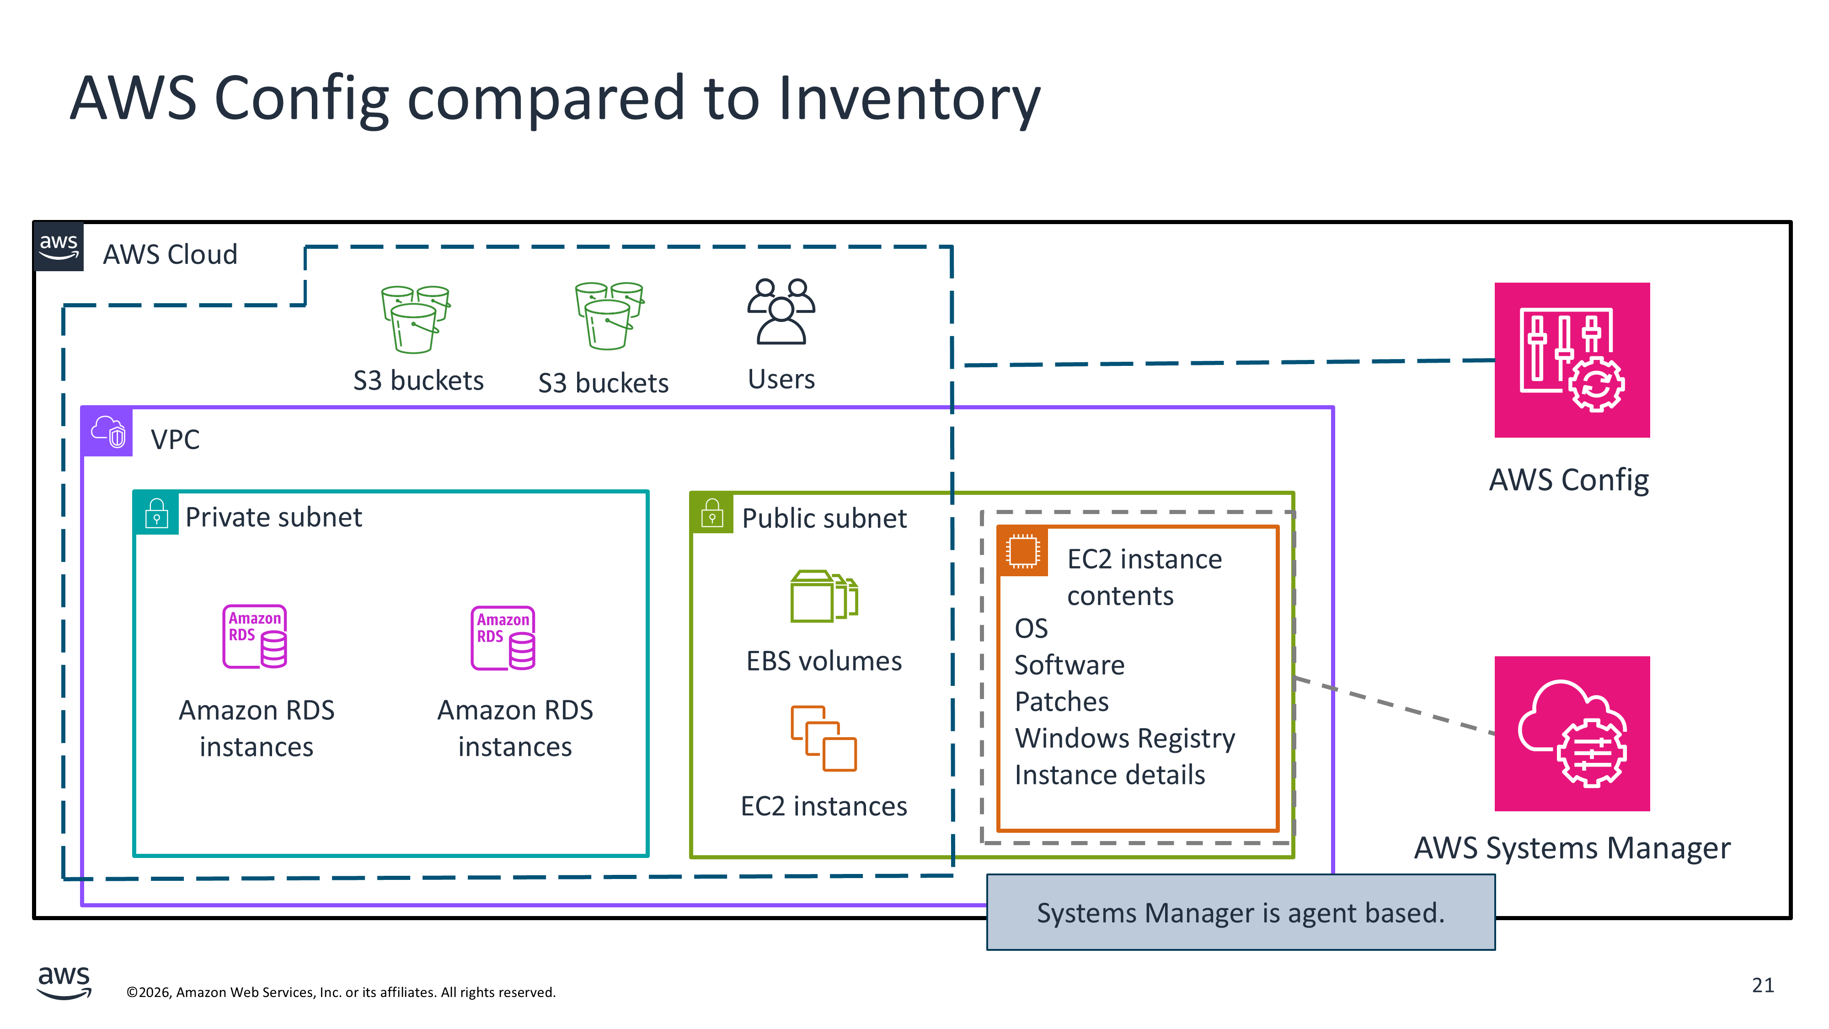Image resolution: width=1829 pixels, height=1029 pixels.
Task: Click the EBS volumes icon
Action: pyautogui.click(x=824, y=596)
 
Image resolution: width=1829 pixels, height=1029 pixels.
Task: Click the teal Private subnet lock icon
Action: pyautogui.click(x=156, y=513)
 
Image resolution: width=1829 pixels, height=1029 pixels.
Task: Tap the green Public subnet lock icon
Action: pyautogui.click(x=711, y=513)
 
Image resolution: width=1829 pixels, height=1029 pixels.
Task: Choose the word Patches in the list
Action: pyautogui.click(x=1061, y=702)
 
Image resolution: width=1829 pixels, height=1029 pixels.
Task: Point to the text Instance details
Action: pyautogui.click(x=1110, y=775)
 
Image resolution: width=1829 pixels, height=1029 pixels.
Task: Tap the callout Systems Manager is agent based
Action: pyautogui.click(x=1241, y=912)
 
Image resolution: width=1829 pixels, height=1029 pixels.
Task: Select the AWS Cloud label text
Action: pyautogui.click(x=171, y=254)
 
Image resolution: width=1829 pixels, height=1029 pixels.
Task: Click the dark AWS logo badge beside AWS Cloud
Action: pyautogui.click(x=59, y=247)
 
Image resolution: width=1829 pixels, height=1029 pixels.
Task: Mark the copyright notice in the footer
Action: pyautogui.click(x=341, y=992)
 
